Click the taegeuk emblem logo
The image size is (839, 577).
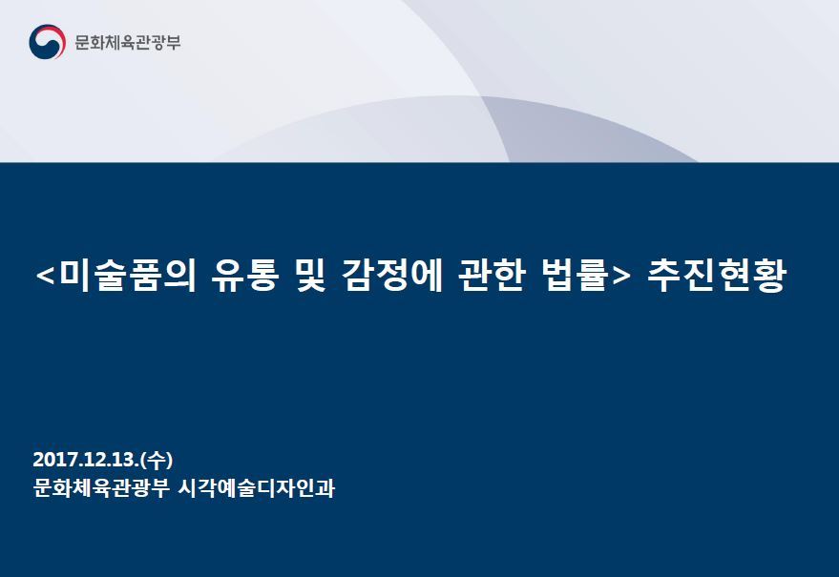coord(47,42)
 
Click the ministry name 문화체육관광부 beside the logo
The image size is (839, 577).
coord(128,42)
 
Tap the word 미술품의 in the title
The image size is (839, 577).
coord(129,276)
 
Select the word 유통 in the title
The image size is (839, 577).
coord(245,276)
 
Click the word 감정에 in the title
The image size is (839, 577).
coord(392,276)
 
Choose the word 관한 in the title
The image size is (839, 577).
coord(492,276)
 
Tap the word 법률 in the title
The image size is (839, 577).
coord(576,276)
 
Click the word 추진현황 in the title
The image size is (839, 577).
coord(717,276)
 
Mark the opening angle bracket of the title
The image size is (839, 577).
coord(46,277)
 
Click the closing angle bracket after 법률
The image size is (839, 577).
coord(620,277)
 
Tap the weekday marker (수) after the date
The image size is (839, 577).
coord(157,460)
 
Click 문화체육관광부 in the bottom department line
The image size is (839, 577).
coord(101,487)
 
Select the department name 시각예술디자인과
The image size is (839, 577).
coord(257,487)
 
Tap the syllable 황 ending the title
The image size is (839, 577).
coord(769,276)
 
